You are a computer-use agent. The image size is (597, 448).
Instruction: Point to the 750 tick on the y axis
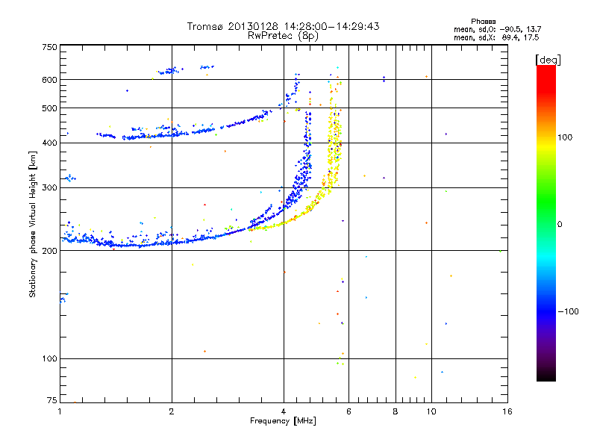49,47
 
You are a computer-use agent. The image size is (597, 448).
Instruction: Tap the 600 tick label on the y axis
49,80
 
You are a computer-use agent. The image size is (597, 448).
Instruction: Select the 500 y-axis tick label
49,108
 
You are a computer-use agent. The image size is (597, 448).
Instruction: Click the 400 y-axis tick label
49,143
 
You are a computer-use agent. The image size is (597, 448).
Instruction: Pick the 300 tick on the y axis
49,188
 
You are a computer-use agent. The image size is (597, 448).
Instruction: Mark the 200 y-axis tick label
49,251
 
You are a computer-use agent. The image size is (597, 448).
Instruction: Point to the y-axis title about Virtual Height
33,224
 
